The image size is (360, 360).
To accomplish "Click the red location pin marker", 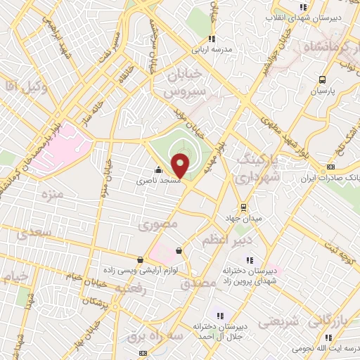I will [181, 165].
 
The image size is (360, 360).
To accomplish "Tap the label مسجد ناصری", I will [159, 181].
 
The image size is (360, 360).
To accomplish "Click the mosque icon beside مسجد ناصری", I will [158, 169].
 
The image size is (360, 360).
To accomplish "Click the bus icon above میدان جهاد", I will [244, 207].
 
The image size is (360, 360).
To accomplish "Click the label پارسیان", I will [324, 91].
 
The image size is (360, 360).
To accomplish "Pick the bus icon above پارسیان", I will [322, 79].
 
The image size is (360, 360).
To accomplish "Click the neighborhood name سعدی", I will [35, 231].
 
